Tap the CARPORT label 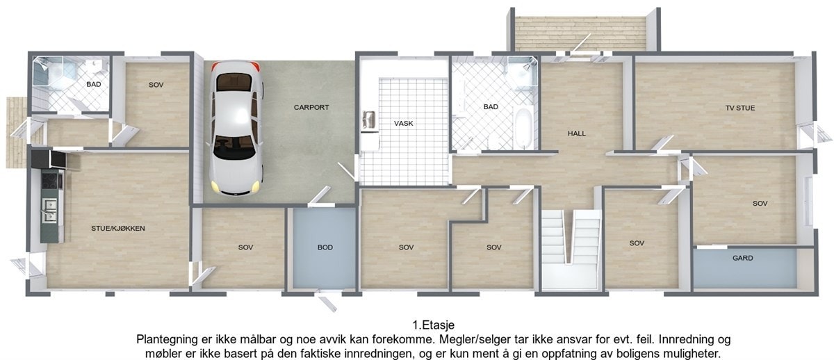(311, 108)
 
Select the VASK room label (403, 123)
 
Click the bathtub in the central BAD (522, 129)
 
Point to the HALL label (577, 133)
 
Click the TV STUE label (739, 108)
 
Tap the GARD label (742, 258)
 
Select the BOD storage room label (325, 247)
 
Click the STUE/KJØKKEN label (117, 228)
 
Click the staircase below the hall (571, 240)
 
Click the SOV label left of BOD (245, 247)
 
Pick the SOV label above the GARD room (760, 204)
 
